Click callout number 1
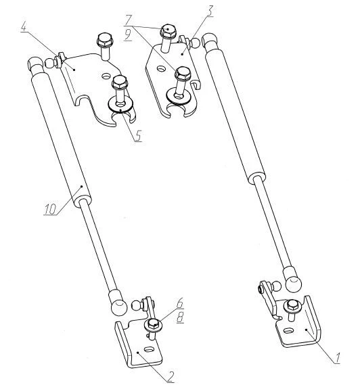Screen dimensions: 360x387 [x=337, y=358]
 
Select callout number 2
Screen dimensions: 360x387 [x=171, y=376]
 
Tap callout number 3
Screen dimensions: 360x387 [x=210, y=11]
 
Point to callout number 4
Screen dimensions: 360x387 [x=24, y=26]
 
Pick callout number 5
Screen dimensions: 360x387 [x=138, y=135]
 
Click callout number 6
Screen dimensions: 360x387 [x=180, y=303]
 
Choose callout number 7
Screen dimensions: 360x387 [x=129, y=20]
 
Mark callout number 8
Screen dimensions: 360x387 [x=181, y=317]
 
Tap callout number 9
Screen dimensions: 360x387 [x=128, y=36]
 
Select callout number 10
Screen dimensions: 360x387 [x=50, y=209]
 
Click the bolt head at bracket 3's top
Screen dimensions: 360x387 [x=168, y=31]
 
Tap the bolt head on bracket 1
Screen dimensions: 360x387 [x=292, y=306]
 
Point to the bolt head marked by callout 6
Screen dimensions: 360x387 [x=153, y=324]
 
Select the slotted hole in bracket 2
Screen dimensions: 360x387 [x=148, y=349]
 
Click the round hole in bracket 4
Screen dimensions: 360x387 [x=106, y=76]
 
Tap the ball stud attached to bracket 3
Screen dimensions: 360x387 [x=194, y=43]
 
